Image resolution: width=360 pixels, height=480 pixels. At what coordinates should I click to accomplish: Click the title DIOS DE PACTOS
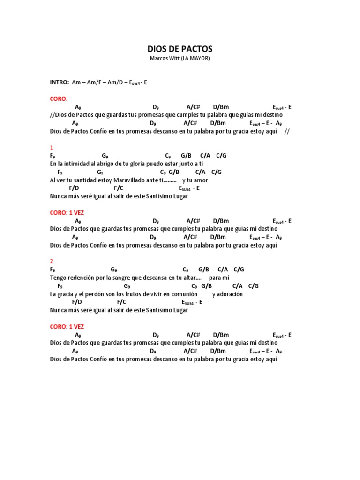click(180, 49)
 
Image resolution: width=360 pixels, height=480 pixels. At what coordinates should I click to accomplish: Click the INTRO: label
click(60, 82)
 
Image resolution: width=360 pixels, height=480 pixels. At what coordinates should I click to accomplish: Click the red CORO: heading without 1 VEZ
click(59, 98)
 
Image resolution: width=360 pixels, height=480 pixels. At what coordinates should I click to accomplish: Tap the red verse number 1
click(51, 147)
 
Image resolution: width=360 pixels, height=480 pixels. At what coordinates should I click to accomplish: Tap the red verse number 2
click(52, 261)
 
